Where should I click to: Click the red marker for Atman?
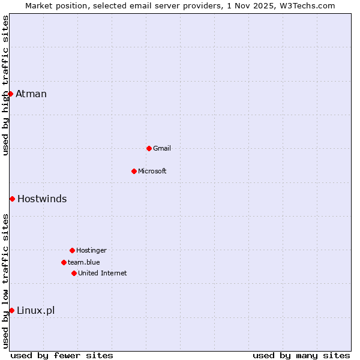pyautogui.click(x=10, y=94)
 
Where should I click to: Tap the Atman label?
pyautogui.click(x=31, y=94)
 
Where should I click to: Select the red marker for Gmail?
pyautogui.click(x=149, y=148)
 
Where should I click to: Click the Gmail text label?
pyautogui.click(x=162, y=148)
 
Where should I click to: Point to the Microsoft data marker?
pyautogui.click(x=134, y=171)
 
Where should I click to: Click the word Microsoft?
pyautogui.click(x=152, y=171)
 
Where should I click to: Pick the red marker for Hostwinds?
pyautogui.click(x=12, y=199)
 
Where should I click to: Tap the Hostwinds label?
pyautogui.click(x=42, y=199)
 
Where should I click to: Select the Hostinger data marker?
pyautogui.click(x=72, y=250)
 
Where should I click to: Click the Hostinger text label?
pyautogui.click(x=91, y=250)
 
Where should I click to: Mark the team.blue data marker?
pyautogui.click(x=64, y=262)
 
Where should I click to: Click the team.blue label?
pyautogui.click(x=84, y=262)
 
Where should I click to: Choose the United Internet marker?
pyautogui.click(x=74, y=273)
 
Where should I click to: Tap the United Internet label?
pyautogui.click(x=103, y=273)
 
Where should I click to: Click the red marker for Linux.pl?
pyautogui.click(x=11, y=310)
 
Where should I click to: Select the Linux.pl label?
pyautogui.click(x=35, y=310)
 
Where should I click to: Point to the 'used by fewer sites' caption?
pyautogui.click(x=62, y=355)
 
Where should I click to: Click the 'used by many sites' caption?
pyautogui.click(x=301, y=355)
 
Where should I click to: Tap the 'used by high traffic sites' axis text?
pyautogui.click(x=5, y=85)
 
